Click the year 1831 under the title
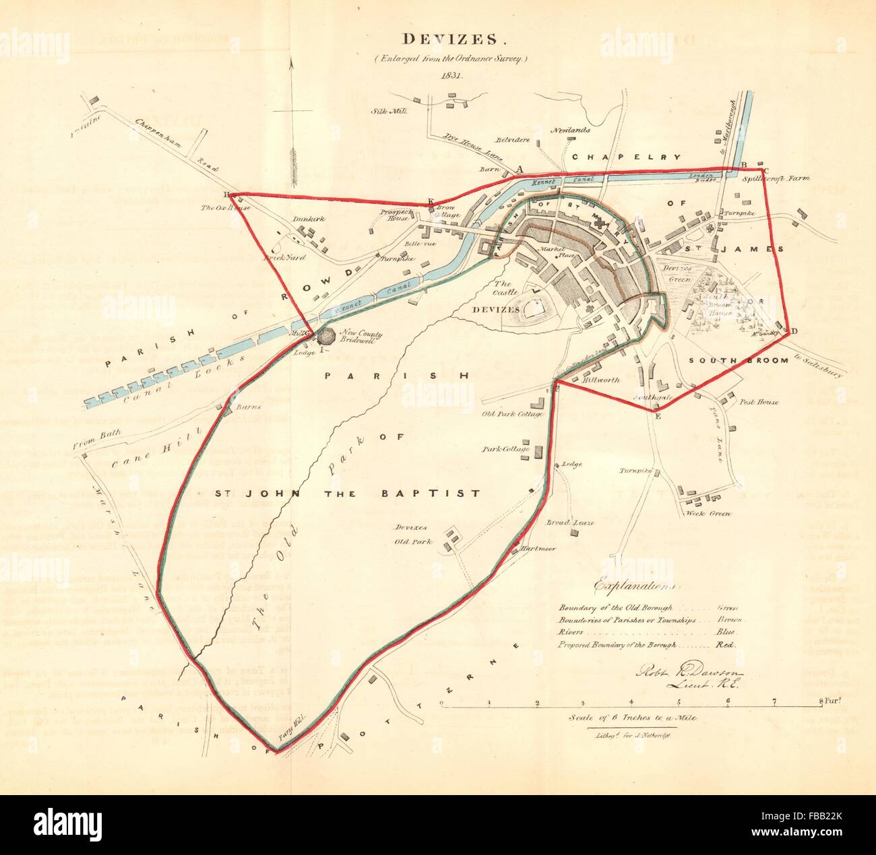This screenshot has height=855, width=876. (438, 75)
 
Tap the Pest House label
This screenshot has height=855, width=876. (759, 402)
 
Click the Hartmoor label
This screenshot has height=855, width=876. (538, 549)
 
